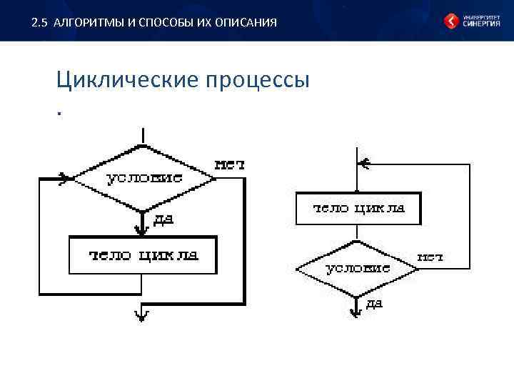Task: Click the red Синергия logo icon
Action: pyautogui.click(x=452, y=21)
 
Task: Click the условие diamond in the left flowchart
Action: pyautogui.click(x=144, y=178)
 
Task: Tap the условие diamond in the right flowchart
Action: pyautogui.click(x=357, y=269)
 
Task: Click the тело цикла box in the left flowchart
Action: pyautogui.click(x=143, y=255)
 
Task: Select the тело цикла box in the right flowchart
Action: pyautogui.click(x=358, y=209)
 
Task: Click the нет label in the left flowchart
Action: pyautogui.click(x=230, y=164)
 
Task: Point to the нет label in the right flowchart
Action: pyautogui.click(x=430, y=256)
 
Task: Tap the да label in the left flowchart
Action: pyautogui.click(x=163, y=219)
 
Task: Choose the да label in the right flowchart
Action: pyautogui.click(x=374, y=304)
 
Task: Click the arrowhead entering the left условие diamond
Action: pyautogui.click(x=65, y=178)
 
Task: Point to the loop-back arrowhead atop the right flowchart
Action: pyautogui.click(x=363, y=163)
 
